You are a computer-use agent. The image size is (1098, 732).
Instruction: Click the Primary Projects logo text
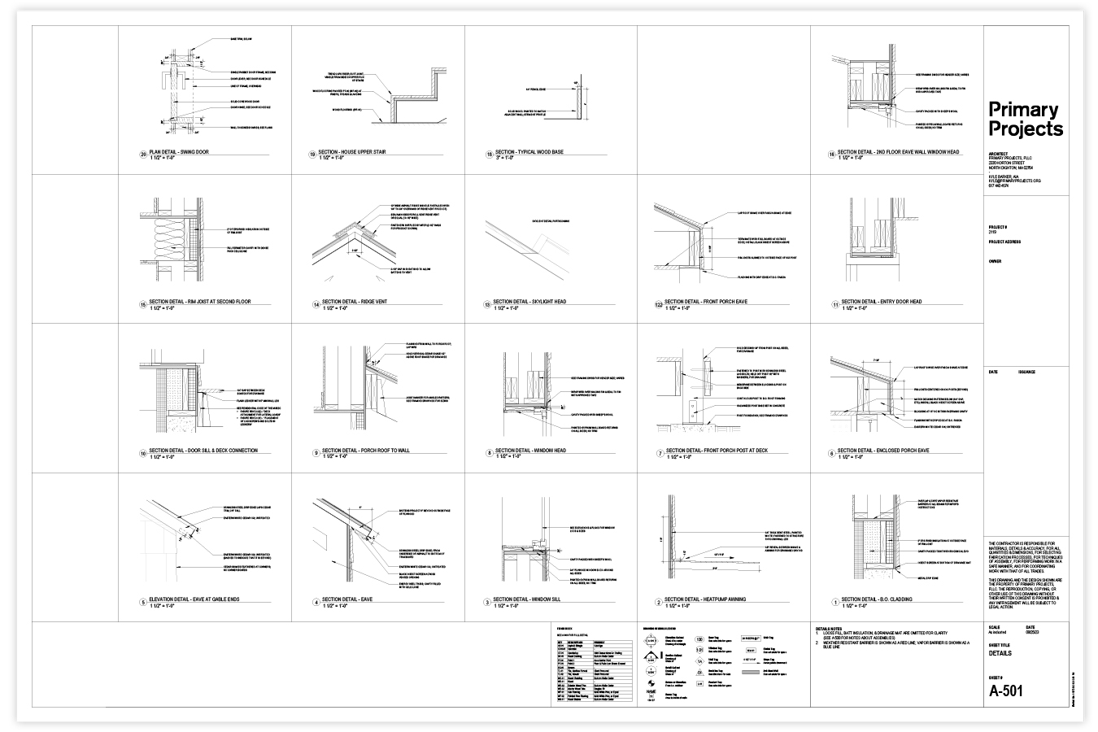click(1025, 120)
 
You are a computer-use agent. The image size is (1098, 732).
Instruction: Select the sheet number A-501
click(1006, 691)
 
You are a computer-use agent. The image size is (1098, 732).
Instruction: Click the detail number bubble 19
click(312, 153)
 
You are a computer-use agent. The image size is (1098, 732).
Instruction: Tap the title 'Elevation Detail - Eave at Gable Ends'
click(194, 600)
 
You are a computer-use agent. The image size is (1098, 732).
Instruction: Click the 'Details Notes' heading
click(830, 628)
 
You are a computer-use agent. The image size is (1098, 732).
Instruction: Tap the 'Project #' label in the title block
click(997, 227)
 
